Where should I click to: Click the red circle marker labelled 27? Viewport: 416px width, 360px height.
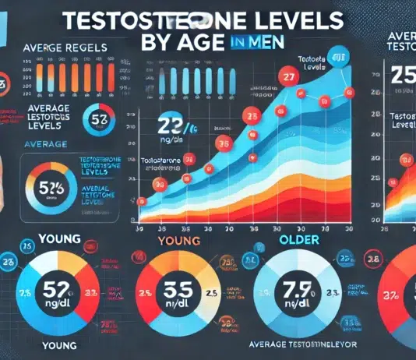(288, 78)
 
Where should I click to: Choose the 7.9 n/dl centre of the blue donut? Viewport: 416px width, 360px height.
(298, 295)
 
